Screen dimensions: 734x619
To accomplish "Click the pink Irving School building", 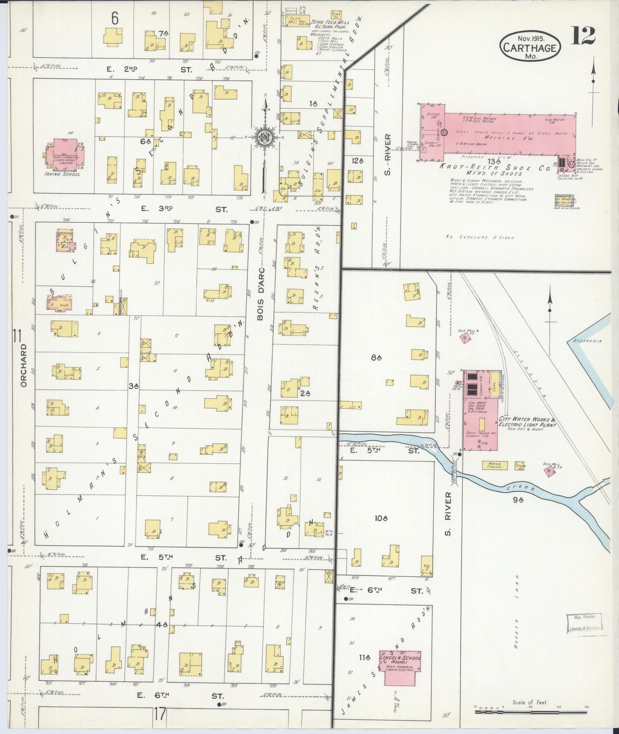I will click(x=65, y=153).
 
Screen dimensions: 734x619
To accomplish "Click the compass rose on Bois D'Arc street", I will click(x=265, y=137).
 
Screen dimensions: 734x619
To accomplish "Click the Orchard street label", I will click(x=24, y=365).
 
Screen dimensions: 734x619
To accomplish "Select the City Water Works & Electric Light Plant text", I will click(x=526, y=422).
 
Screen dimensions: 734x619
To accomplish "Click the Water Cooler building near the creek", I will click(x=495, y=465).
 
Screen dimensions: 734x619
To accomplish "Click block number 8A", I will click(x=376, y=357).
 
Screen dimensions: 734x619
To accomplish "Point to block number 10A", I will click(x=381, y=518).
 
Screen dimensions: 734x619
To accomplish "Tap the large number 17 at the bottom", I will click(x=160, y=714).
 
